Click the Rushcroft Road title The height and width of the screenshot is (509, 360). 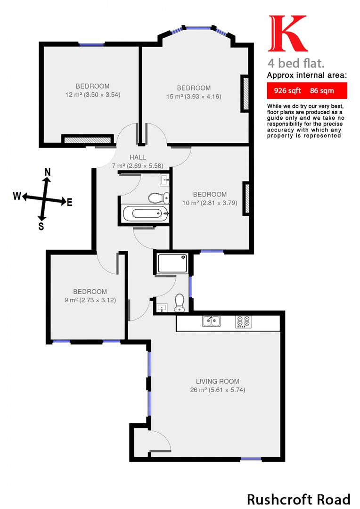tap(299, 499)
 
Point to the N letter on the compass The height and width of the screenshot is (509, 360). tap(47, 172)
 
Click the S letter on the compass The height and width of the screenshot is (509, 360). tap(41, 226)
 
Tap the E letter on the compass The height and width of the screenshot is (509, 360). tap(70, 203)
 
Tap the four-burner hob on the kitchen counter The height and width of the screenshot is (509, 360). tap(243, 321)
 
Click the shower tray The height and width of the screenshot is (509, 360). tap(173, 263)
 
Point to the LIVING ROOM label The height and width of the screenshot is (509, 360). tap(217, 381)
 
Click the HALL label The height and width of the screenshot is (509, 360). tap(138, 157)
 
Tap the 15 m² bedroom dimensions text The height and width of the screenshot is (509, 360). tap(194, 97)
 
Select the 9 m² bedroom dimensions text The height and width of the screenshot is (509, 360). tap(89, 300)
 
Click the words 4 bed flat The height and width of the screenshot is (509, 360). tap(296, 63)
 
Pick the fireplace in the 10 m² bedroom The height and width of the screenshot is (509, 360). tap(245, 194)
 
